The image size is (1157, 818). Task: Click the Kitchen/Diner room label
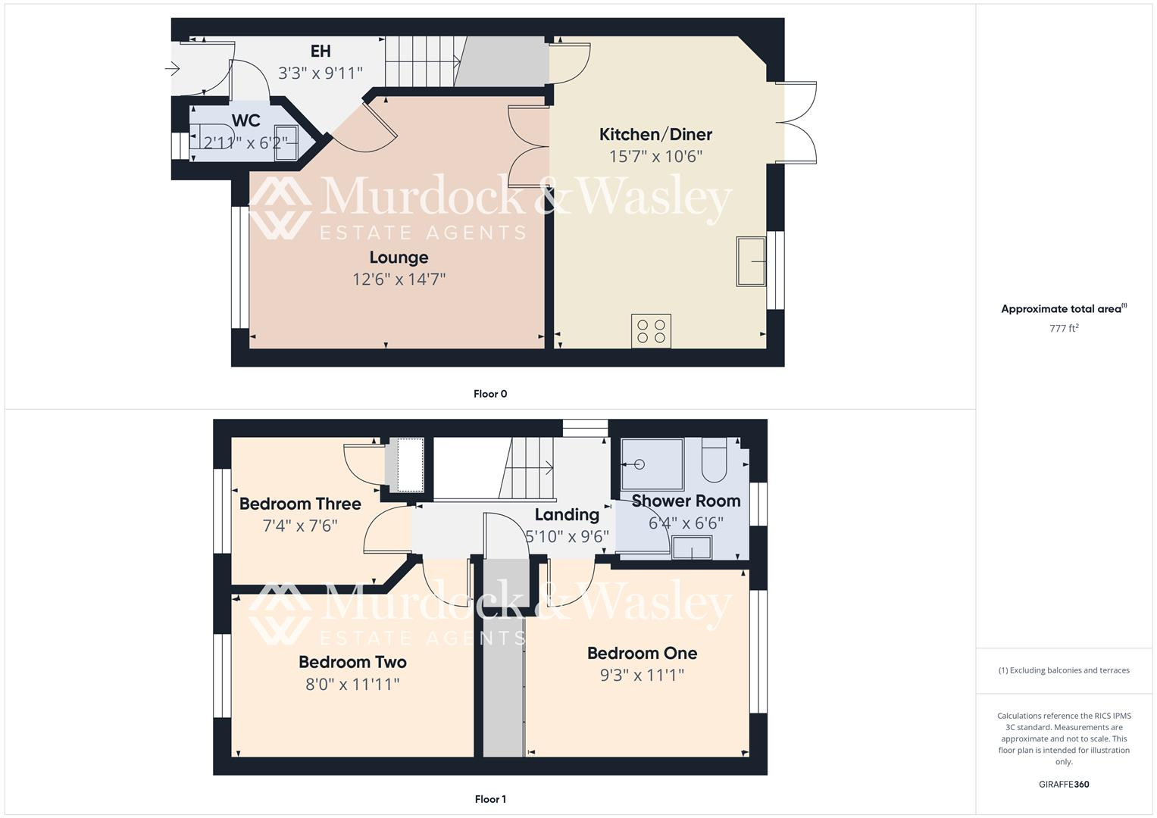655,135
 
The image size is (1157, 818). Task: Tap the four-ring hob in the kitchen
651,331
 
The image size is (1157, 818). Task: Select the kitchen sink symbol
750,261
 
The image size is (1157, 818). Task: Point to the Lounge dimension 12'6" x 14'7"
399,279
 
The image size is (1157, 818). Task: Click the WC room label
245,121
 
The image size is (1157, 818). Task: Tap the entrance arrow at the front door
172,70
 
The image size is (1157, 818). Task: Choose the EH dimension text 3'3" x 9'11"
321,73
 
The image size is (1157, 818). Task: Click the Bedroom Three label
300,504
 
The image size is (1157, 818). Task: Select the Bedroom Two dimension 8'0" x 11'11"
352,684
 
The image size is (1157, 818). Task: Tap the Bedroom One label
642,653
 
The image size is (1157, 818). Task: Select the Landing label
567,515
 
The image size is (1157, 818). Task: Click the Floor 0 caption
490,394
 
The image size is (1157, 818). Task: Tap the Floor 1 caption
490,799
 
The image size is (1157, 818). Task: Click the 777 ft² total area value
1064,329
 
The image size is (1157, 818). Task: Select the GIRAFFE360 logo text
1064,784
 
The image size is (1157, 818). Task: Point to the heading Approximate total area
1063,309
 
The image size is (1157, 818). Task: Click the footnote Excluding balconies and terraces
1064,670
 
